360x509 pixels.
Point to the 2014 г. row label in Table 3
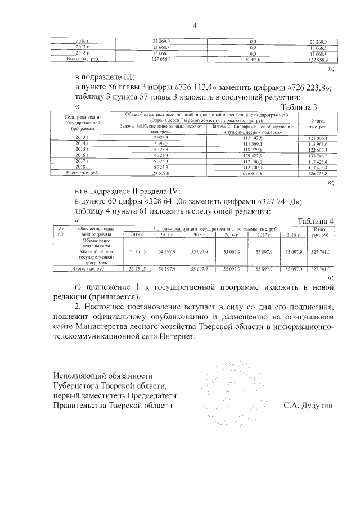[x=83, y=143]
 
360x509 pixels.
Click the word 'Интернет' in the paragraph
[x=172, y=337]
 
